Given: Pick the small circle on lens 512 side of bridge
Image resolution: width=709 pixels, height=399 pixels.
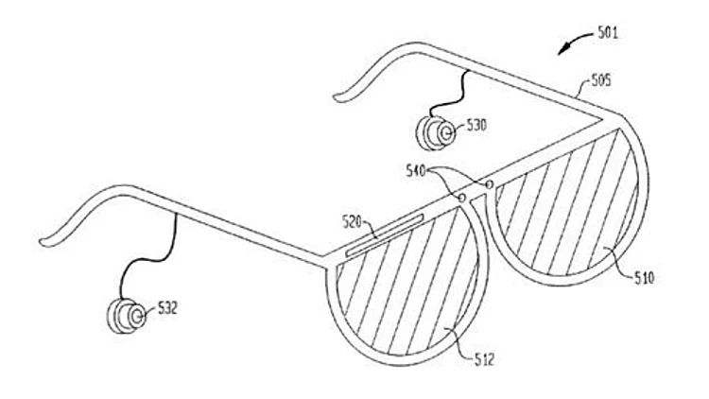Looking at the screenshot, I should (462, 198).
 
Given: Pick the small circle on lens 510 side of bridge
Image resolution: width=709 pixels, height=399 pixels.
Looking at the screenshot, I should (490, 182).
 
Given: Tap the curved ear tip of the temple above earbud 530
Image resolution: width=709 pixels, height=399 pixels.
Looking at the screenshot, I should (345, 93).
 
